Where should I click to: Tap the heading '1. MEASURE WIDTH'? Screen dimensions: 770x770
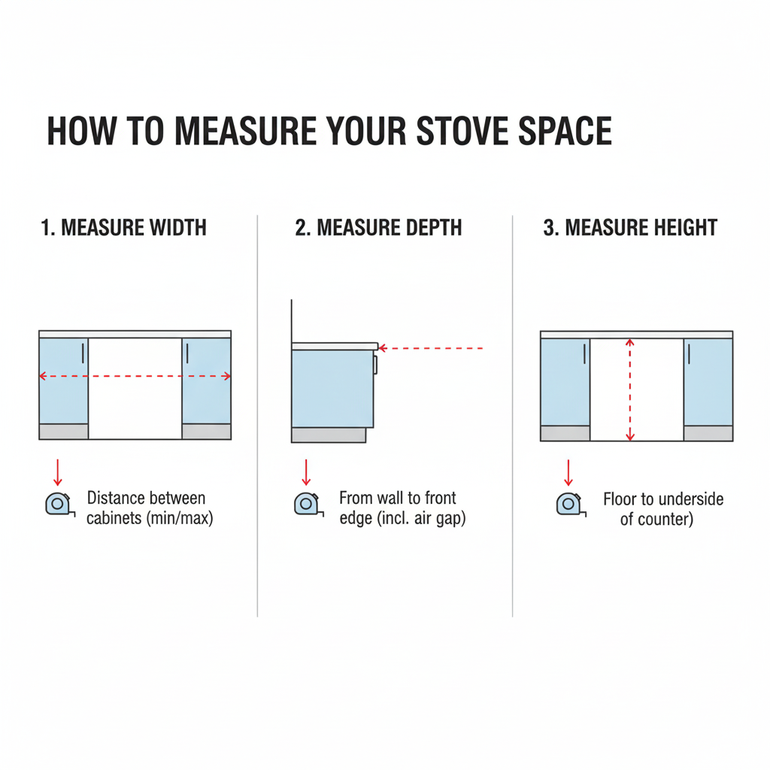[123, 228]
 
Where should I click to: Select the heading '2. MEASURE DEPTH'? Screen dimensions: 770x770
[378, 228]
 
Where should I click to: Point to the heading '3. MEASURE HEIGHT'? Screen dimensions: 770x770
[630, 228]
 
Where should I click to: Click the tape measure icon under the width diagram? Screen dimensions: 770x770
[56, 503]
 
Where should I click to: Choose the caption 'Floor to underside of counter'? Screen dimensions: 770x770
[662, 508]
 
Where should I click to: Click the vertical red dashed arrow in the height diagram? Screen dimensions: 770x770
[630, 390]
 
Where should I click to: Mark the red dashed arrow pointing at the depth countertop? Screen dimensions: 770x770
[430, 348]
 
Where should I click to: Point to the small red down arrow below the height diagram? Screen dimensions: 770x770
[568, 472]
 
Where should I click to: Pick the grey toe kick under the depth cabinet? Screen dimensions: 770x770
[329, 435]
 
